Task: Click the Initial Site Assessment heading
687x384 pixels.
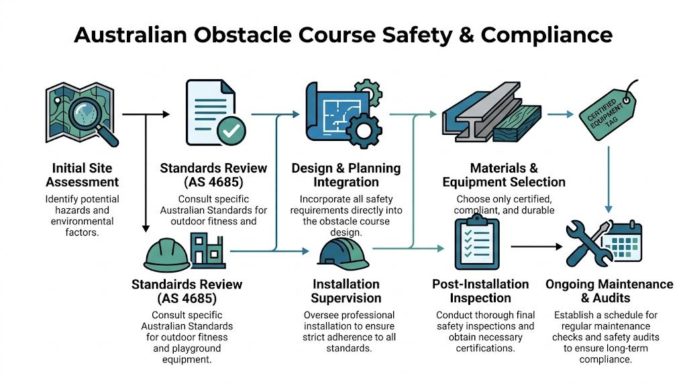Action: point(85,175)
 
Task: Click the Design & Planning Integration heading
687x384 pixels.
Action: point(346,175)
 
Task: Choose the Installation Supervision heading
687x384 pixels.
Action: point(346,291)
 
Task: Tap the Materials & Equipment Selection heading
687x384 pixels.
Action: point(504,175)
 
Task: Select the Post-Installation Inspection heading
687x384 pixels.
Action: point(480,291)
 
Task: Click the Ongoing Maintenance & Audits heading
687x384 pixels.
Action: point(609,291)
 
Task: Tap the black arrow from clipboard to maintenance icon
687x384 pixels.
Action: point(537,246)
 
